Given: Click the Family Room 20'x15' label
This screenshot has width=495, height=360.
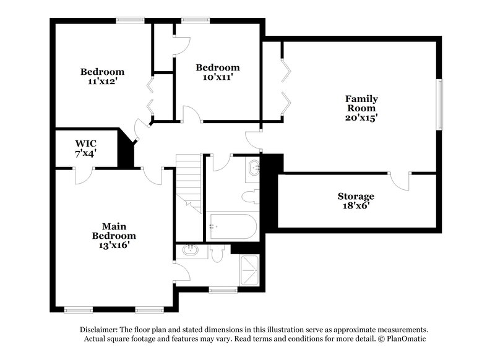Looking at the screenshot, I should coord(361,108).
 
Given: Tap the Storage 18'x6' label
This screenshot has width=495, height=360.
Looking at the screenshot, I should coord(355,201).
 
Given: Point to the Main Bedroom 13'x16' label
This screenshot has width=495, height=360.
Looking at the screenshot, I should coord(114,235).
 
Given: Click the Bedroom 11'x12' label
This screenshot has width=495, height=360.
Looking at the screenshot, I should coord(102,77).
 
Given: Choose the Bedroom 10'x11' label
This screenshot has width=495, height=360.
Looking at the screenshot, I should coord(218,72).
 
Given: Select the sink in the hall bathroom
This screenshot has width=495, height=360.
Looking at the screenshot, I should coord(254,168).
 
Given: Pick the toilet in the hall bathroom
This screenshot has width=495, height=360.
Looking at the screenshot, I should coord(251,197).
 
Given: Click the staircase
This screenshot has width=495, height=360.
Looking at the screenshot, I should coord(189,182).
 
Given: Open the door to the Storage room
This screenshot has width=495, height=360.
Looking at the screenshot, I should coord(400,181).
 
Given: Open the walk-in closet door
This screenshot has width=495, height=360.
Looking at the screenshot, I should coord(82,175).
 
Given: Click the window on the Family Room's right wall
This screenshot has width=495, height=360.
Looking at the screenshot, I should coord(440,105).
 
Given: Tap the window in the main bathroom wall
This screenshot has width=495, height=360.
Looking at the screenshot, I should coord(223,289).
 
